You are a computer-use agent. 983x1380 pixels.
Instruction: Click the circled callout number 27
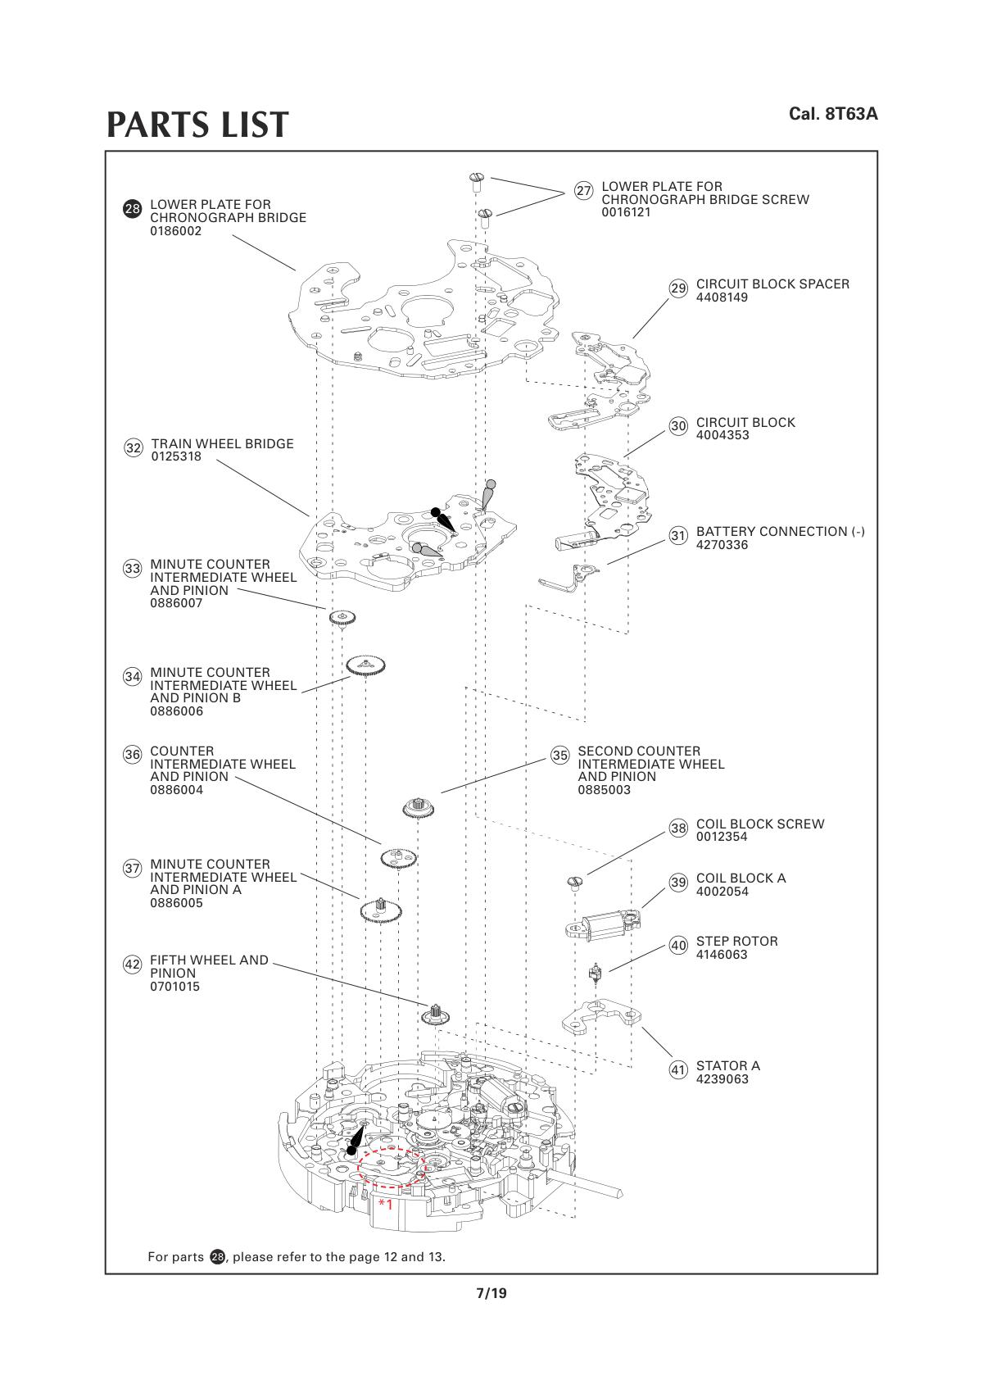(583, 191)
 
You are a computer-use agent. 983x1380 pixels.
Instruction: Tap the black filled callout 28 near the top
(132, 209)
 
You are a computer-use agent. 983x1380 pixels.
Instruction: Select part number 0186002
(175, 231)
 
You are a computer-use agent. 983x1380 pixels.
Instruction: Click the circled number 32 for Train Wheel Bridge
(134, 448)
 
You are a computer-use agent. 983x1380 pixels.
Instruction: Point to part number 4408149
(722, 297)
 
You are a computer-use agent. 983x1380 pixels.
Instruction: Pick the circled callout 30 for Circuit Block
(678, 426)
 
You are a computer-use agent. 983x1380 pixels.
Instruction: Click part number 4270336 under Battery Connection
(722, 545)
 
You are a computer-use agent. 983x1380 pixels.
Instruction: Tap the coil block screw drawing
(574, 883)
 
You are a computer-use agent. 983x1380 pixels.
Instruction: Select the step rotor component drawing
(596, 975)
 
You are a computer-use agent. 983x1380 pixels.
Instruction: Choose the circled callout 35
(560, 756)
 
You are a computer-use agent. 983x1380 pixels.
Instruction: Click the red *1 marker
(385, 1204)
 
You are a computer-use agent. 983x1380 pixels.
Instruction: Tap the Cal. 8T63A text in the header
(832, 114)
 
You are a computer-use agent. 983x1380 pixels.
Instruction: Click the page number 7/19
(491, 1294)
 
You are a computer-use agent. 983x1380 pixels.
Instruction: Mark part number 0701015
(174, 987)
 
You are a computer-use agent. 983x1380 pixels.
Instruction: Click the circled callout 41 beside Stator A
(678, 1070)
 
